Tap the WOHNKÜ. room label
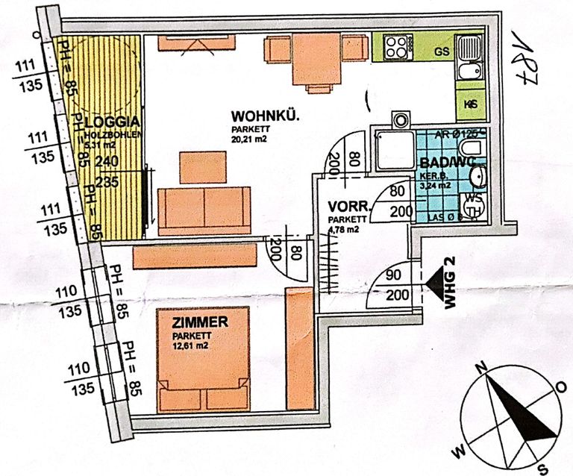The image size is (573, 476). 265,116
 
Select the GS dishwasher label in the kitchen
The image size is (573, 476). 441,51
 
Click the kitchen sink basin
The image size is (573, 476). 470,73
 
